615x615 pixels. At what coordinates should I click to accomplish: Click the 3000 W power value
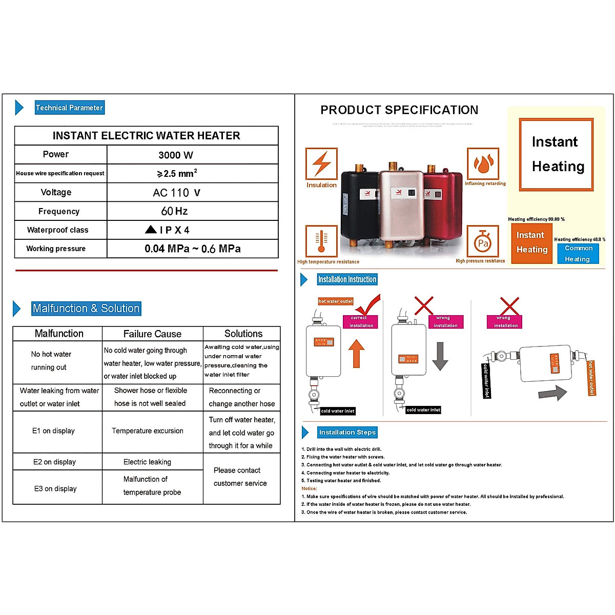click(x=176, y=155)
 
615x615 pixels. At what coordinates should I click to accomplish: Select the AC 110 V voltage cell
click(x=176, y=193)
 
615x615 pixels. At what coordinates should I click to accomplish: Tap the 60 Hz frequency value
click(x=174, y=211)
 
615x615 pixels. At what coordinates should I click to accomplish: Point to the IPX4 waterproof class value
click(x=168, y=230)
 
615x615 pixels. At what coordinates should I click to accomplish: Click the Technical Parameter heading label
click(x=69, y=108)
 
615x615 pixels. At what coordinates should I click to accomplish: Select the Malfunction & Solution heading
click(x=86, y=309)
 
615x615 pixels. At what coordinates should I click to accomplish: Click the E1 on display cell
click(x=53, y=431)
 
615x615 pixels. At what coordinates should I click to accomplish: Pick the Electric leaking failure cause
click(x=147, y=462)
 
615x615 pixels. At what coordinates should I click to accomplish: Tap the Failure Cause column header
click(x=152, y=334)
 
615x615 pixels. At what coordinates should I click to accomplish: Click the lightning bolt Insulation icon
click(x=321, y=163)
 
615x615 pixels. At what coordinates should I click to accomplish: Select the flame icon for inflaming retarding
click(x=483, y=163)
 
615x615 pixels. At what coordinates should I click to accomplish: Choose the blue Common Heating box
click(x=578, y=254)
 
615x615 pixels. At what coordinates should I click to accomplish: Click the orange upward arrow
click(x=356, y=354)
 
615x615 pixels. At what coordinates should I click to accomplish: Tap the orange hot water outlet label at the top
click(x=336, y=301)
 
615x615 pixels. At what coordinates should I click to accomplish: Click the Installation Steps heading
click(x=347, y=433)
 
